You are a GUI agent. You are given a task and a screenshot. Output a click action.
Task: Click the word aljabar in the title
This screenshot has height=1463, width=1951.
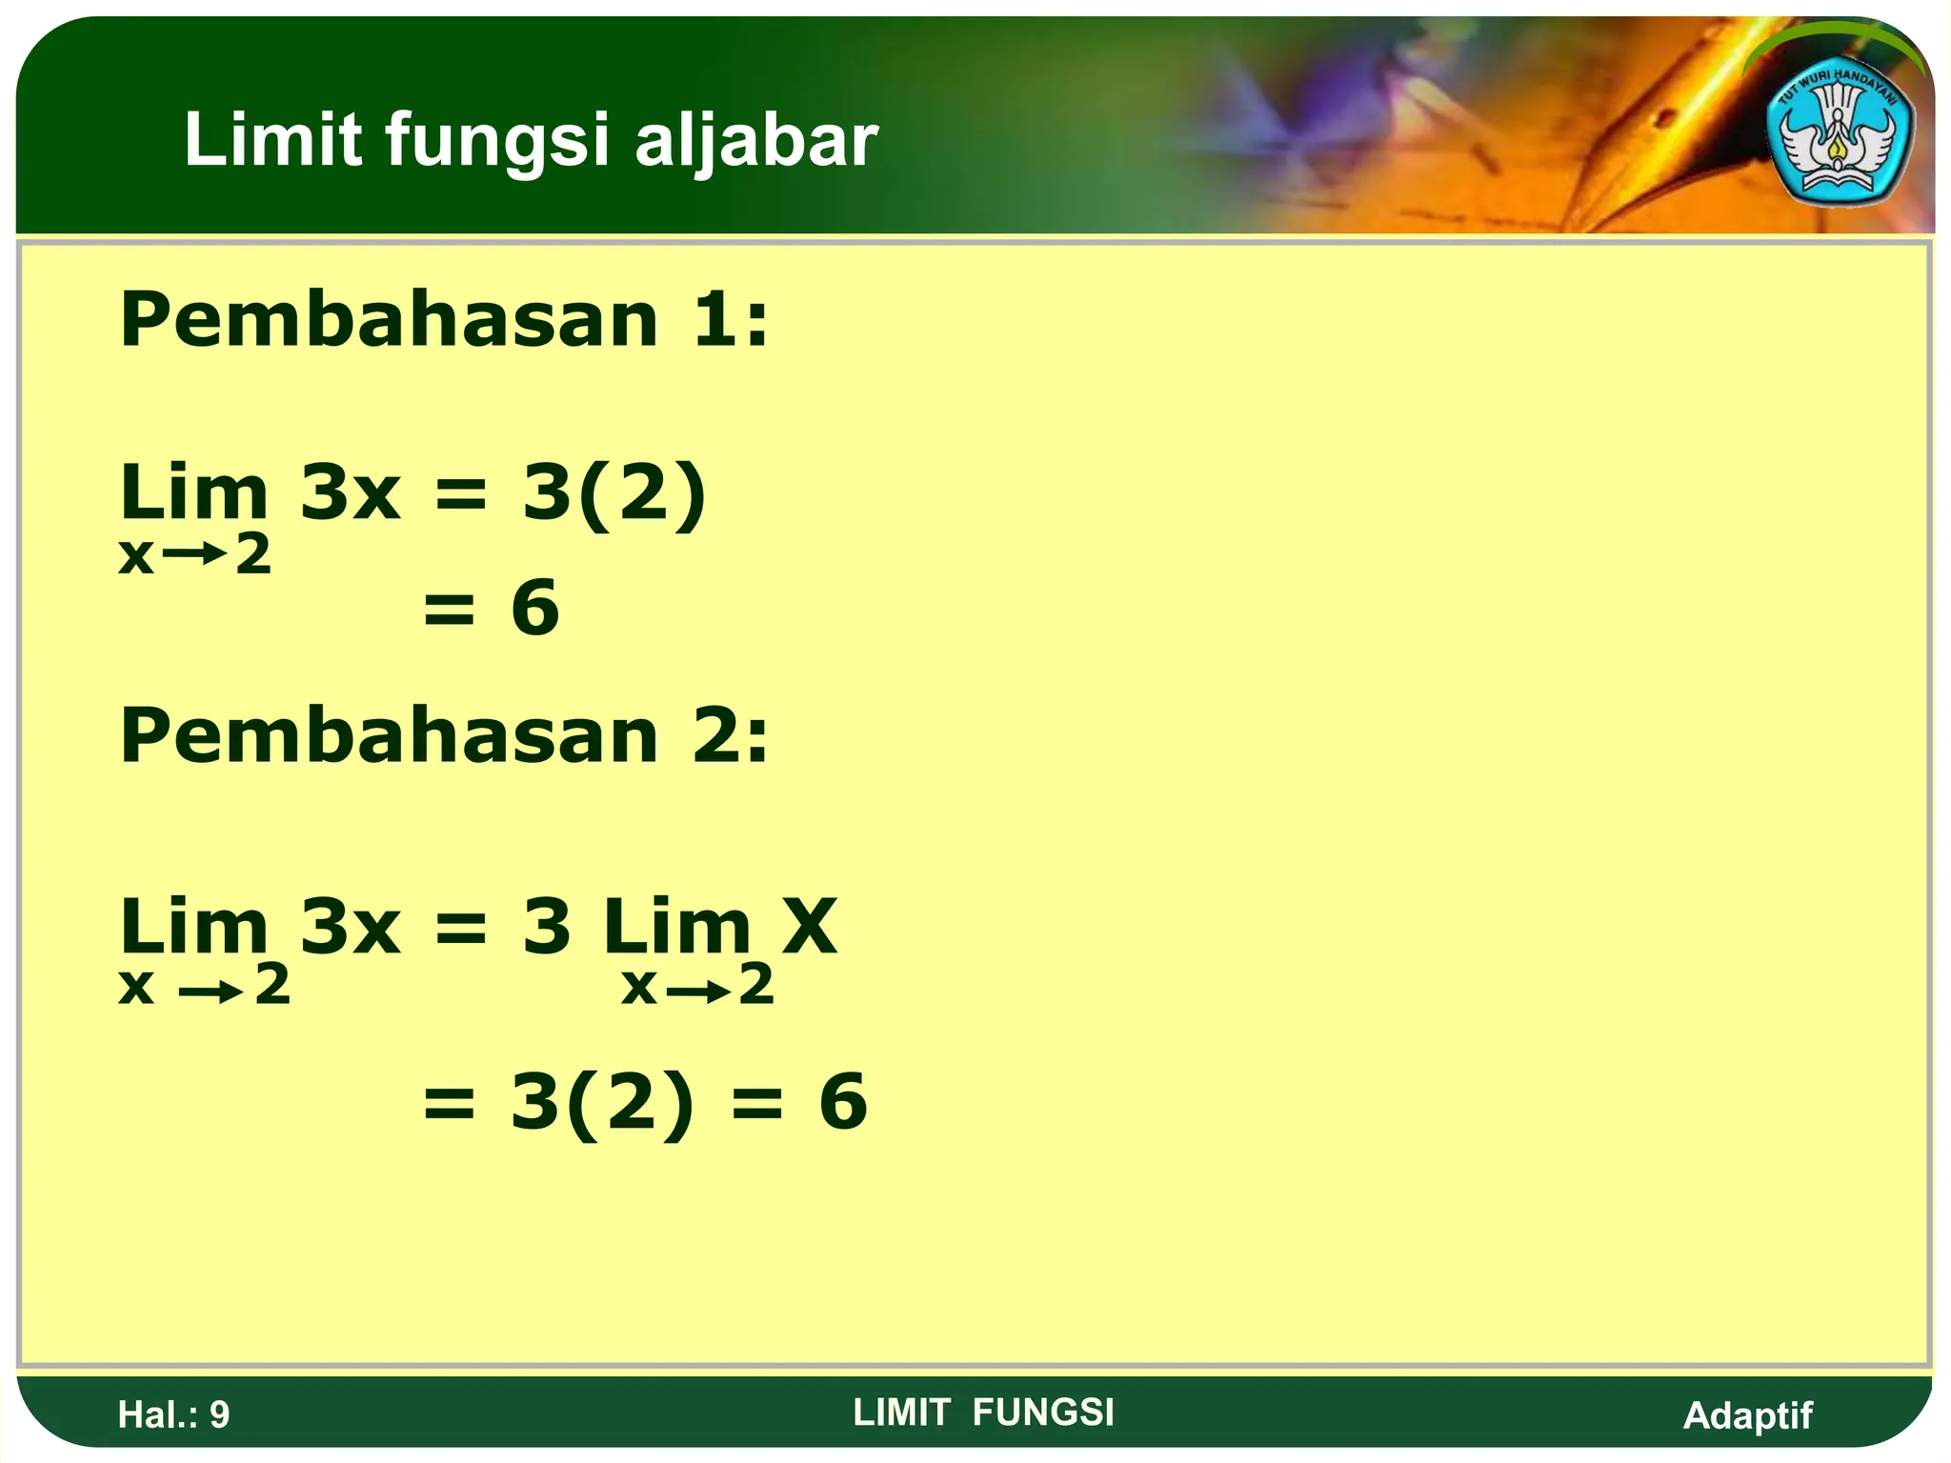[x=755, y=141]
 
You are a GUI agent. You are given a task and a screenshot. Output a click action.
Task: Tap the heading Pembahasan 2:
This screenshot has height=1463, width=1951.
[x=444, y=735]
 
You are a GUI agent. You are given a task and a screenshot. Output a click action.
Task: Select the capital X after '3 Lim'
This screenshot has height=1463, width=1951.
[x=809, y=926]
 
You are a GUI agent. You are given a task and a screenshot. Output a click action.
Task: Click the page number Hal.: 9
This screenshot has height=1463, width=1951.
[x=173, y=1414]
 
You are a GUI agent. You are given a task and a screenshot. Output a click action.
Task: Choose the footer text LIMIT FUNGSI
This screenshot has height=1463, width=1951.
[x=983, y=1413]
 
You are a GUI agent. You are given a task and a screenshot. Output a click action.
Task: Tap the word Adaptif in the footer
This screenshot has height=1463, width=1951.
[x=1747, y=1415]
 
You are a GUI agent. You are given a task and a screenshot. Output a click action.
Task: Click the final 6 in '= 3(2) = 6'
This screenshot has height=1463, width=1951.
[x=843, y=1101]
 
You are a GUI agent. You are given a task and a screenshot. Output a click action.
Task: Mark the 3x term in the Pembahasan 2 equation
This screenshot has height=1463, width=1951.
[x=350, y=926]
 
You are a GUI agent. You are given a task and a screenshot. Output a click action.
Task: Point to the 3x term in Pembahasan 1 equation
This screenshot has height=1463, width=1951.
[x=350, y=493]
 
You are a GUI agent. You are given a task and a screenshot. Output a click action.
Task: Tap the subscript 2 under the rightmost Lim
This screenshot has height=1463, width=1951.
[x=756, y=985]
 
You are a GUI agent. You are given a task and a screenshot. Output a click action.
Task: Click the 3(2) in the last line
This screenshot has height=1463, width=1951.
[x=602, y=1101]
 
